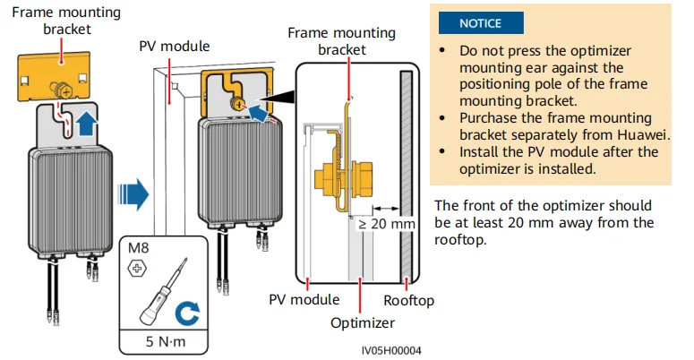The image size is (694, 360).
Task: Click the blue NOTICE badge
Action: tap(481, 23)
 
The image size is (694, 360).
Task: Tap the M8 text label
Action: tap(139, 248)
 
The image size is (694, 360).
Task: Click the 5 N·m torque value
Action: tap(166, 341)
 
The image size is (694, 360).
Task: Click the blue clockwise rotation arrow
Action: tap(187, 313)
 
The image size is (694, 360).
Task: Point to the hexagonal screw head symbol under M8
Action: tap(137, 269)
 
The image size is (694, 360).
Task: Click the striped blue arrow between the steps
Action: tap(133, 194)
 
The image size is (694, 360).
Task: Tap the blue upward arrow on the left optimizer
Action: tap(86, 124)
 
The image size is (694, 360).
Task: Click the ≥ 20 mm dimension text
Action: tap(386, 224)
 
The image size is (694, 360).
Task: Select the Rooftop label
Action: tap(408, 301)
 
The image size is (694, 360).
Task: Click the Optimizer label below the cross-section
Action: tap(363, 322)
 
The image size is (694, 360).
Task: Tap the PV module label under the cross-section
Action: tap(304, 300)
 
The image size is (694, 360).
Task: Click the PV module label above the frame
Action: tap(175, 46)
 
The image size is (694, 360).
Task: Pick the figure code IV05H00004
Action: tap(391, 351)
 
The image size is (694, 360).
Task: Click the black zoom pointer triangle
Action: tap(278, 98)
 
